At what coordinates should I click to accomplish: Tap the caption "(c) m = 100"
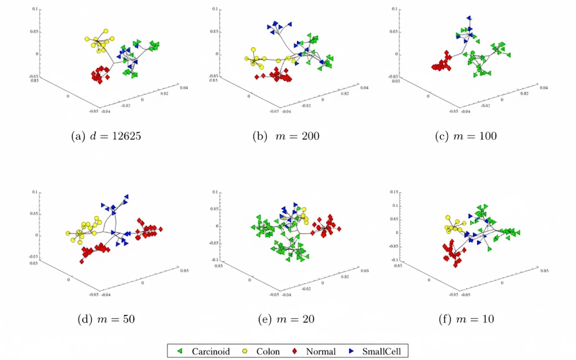pos(466,137)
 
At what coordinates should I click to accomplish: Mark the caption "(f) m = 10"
pos(466,319)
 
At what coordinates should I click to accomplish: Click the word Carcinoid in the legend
pos(211,352)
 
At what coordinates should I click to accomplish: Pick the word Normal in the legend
pos(321,352)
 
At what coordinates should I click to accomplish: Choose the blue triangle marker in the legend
pos(351,352)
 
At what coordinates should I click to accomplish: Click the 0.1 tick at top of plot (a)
pos(35,10)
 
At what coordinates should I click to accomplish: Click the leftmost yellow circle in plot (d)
pos(68,233)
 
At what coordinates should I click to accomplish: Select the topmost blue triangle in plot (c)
pos(469,18)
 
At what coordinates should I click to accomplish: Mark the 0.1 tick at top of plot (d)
pos(35,192)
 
